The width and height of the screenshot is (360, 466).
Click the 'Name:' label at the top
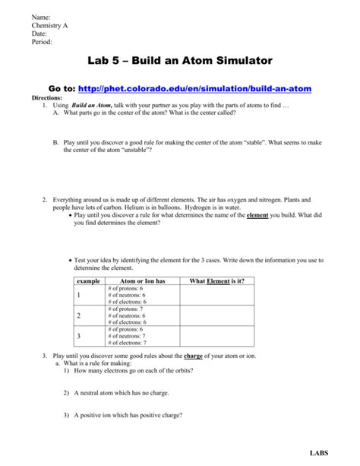tap(40, 16)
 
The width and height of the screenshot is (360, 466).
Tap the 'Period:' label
tap(42, 43)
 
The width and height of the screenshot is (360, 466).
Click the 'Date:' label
tap(39, 33)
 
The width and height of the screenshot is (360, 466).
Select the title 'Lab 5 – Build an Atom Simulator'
tap(180, 61)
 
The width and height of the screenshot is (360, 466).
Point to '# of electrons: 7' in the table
tap(128, 342)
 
